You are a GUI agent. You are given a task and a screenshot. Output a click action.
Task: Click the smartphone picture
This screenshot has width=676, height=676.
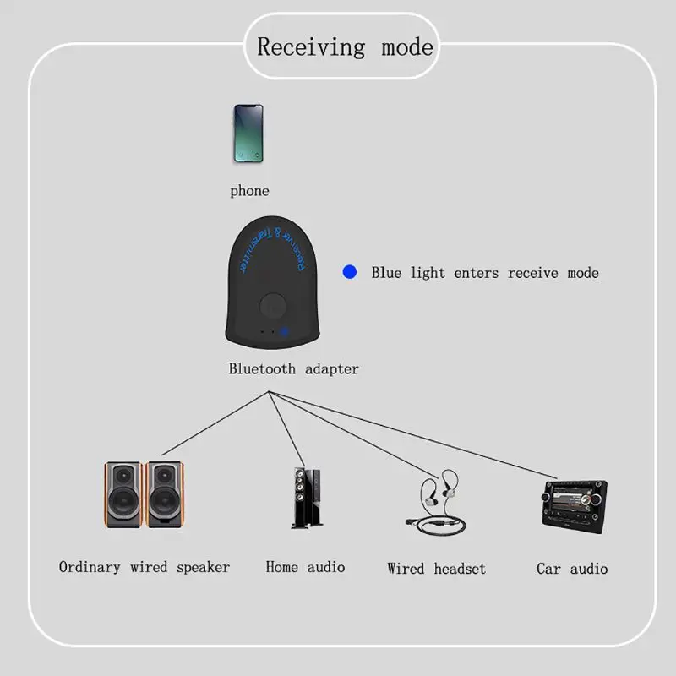click(x=248, y=134)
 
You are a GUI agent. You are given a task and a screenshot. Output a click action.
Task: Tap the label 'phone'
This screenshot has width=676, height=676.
click(x=249, y=191)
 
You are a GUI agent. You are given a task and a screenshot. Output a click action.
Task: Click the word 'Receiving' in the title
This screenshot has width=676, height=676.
click(x=311, y=47)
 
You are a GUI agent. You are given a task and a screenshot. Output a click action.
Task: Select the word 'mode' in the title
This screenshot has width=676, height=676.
click(x=407, y=47)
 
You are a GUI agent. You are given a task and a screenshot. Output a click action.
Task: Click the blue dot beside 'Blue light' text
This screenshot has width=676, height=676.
click(x=350, y=272)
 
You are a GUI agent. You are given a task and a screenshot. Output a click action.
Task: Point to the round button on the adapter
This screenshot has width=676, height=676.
click(x=272, y=306)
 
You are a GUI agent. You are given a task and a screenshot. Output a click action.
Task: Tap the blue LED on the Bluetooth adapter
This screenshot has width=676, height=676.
click(x=284, y=332)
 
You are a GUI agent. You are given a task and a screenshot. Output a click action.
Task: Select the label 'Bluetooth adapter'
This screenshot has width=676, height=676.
click(x=293, y=369)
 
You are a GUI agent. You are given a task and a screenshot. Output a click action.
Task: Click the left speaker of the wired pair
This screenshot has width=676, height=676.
click(x=123, y=494)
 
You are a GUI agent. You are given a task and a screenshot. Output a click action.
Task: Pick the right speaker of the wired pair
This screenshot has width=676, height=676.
click(x=165, y=494)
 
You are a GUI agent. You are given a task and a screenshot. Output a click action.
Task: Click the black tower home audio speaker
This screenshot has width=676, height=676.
click(x=307, y=498)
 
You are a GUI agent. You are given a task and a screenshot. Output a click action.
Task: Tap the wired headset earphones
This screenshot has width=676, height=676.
click(x=435, y=503)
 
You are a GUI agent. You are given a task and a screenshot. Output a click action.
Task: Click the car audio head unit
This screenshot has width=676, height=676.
click(x=575, y=507)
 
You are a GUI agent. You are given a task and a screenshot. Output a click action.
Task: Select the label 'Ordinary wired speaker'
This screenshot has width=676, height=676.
click(x=144, y=567)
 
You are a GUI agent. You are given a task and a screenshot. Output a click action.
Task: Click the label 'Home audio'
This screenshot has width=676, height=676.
click(x=305, y=567)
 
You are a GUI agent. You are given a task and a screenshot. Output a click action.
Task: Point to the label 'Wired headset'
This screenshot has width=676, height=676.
click(x=436, y=569)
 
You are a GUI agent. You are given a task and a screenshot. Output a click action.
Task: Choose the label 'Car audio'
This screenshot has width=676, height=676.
click(x=572, y=569)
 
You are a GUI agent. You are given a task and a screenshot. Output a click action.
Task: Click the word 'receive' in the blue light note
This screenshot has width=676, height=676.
click(x=533, y=273)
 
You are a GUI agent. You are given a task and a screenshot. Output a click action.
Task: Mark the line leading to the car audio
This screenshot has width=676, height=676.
click(x=412, y=435)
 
